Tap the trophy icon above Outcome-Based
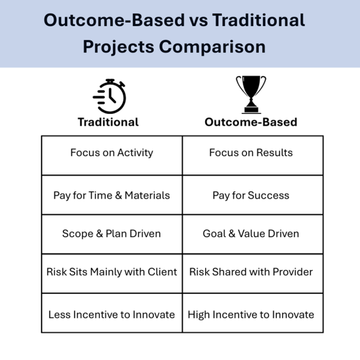pos(251,94)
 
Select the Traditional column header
pos(108,122)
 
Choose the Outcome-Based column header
pos(251,122)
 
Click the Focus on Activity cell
pos(112,153)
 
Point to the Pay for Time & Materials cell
pos(112,195)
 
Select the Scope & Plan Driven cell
pos(112,233)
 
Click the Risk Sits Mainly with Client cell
pos(112,272)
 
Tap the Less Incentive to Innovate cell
pos(112,314)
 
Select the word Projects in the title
pos(118,47)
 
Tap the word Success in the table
pos(270,195)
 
